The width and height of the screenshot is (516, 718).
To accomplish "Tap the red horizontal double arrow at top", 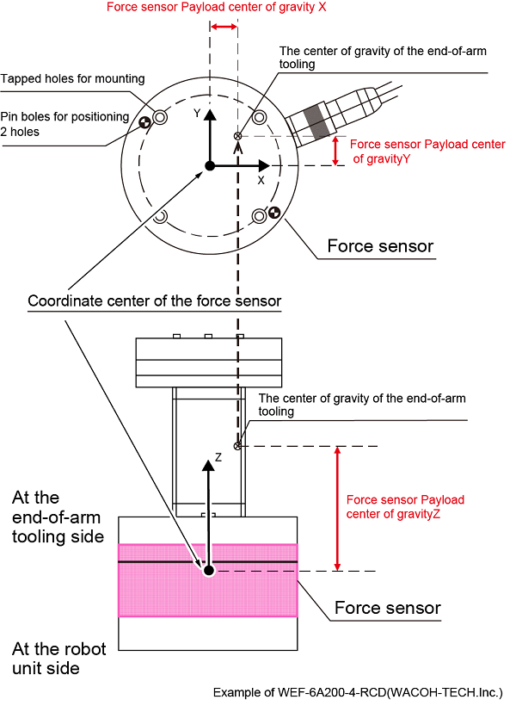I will [224, 28].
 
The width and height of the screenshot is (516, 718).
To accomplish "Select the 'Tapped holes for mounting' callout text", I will [72, 79].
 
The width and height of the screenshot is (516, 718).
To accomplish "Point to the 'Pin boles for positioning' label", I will [64, 117].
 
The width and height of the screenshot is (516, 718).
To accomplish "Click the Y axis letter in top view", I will [197, 113].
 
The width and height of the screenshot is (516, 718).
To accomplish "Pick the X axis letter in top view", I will [261, 182].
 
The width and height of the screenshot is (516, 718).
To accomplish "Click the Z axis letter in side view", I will [218, 458].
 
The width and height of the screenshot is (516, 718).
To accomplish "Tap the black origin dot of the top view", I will [207, 165].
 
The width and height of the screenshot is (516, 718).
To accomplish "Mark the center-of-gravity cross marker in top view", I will [238, 136].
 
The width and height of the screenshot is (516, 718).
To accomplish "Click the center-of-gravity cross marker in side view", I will [238, 445].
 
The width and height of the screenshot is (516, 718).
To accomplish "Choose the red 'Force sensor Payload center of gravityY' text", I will [427, 152].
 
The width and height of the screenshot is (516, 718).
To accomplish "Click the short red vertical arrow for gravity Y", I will [336, 152].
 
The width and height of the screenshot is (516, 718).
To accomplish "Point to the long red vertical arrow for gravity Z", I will [337, 508].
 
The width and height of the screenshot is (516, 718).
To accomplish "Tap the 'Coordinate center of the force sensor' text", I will [155, 301].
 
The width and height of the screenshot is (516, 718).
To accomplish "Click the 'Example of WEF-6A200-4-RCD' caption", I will [358, 692].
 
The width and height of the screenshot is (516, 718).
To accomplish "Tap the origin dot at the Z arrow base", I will [207, 570].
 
